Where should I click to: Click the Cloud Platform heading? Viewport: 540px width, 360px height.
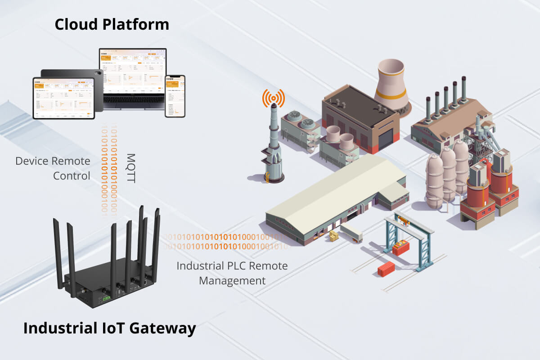coord(112,24)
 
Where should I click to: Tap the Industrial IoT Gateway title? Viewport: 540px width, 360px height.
coord(109,328)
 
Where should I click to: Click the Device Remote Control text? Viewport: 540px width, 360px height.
coord(53,168)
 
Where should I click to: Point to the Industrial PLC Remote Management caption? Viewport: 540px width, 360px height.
coord(232,273)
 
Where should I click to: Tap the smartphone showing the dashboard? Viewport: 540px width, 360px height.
coord(175,96)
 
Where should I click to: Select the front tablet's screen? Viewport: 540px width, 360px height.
coord(63,98)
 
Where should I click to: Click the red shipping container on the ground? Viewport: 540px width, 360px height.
coord(386,269)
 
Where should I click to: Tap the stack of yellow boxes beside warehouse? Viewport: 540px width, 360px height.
coord(333,236)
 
